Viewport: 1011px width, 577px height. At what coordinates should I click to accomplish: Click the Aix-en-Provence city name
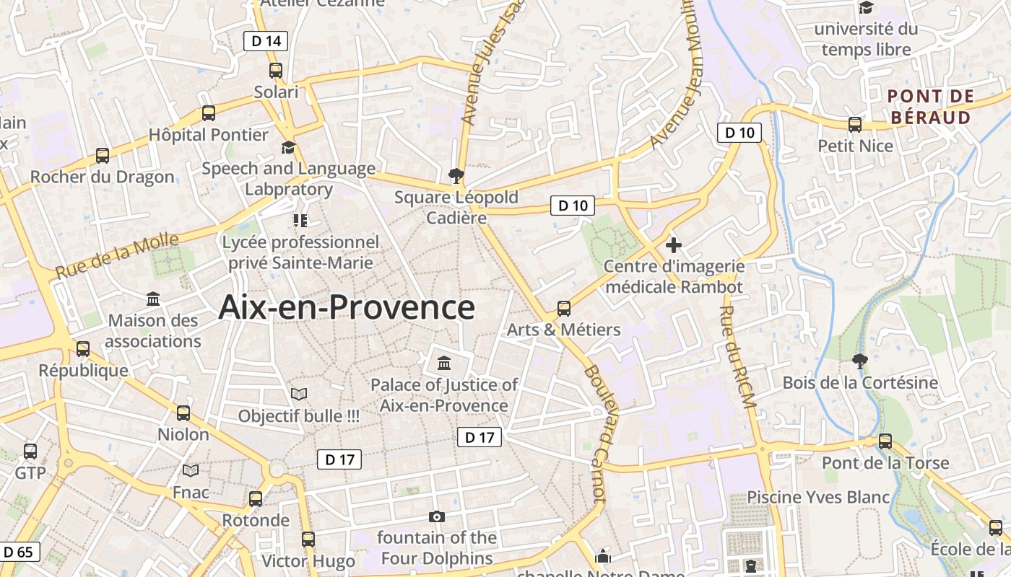coord(347,307)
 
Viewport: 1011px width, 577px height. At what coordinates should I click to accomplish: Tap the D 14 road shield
coord(265,41)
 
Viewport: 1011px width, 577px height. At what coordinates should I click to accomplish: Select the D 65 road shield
coord(19,552)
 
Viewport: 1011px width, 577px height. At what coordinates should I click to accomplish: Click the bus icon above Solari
coord(276,71)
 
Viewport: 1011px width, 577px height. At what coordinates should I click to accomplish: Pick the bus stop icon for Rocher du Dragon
coord(103,156)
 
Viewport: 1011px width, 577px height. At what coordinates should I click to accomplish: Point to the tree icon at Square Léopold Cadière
coord(456,175)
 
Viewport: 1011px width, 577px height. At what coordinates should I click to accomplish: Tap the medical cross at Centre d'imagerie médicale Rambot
coord(674,245)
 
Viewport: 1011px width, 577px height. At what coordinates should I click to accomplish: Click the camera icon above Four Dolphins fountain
coord(436,516)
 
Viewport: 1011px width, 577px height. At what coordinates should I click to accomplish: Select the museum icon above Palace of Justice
coord(444,362)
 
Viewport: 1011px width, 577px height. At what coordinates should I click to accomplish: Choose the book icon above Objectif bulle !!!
coord(299,394)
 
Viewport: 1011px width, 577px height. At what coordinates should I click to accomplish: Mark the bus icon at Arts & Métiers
coord(564,309)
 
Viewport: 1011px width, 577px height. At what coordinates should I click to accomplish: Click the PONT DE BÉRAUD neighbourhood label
coord(931,107)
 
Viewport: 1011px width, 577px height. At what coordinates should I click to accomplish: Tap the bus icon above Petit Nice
coord(855,125)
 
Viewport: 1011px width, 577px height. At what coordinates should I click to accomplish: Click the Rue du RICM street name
coord(737,358)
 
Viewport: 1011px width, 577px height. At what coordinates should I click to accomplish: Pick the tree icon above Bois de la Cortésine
coord(859,361)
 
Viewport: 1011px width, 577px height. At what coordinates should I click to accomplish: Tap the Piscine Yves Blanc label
coord(818,497)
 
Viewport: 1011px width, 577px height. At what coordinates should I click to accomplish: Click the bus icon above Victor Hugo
coord(308,539)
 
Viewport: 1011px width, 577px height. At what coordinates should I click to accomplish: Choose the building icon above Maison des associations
coord(153,299)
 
